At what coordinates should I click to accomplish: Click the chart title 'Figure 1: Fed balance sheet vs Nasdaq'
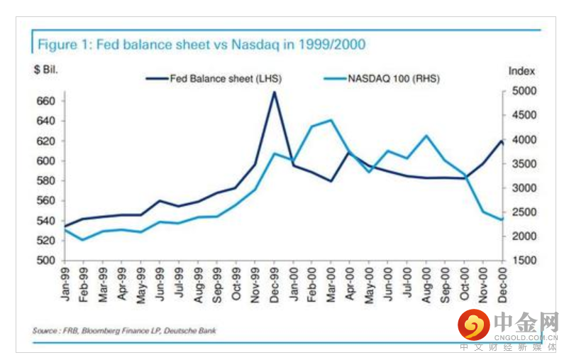pyautogui.click(x=201, y=45)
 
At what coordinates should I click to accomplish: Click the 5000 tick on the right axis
pyautogui.click(x=521, y=91)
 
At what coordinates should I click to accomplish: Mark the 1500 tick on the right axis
pyautogui.click(x=521, y=261)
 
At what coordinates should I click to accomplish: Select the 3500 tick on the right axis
pyautogui.click(x=521, y=164)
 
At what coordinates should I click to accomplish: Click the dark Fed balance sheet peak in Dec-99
pyautogui.click(x=275, y=92)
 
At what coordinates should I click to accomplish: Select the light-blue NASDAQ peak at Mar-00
pyautogui.click(x=331, y=120)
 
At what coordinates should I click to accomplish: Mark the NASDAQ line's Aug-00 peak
pyautogui.click(x=426, y=136)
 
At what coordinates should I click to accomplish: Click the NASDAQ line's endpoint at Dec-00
pyautogui.click(x=502, y=219)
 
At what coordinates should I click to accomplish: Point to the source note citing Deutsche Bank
pyautogui.click(x=123, y=330)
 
